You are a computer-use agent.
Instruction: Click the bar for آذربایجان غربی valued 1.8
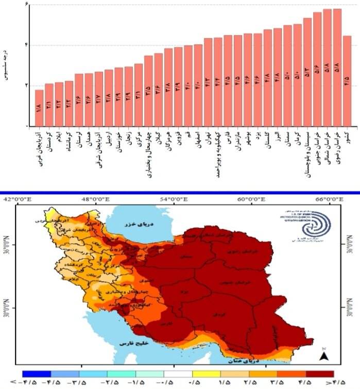coord(39,108)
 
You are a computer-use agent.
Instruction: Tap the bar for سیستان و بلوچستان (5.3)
coord(307,72)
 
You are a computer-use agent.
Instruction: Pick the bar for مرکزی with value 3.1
coord(138,95)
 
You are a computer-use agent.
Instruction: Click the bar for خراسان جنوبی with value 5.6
coord(317,69)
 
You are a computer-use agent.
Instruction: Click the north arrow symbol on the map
coord(323,355)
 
